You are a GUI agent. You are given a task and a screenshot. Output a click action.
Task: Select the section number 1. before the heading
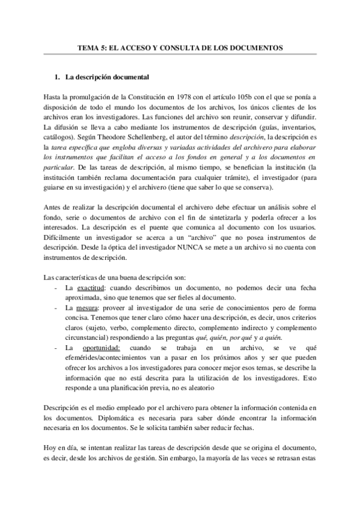[x=58, y=78]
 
